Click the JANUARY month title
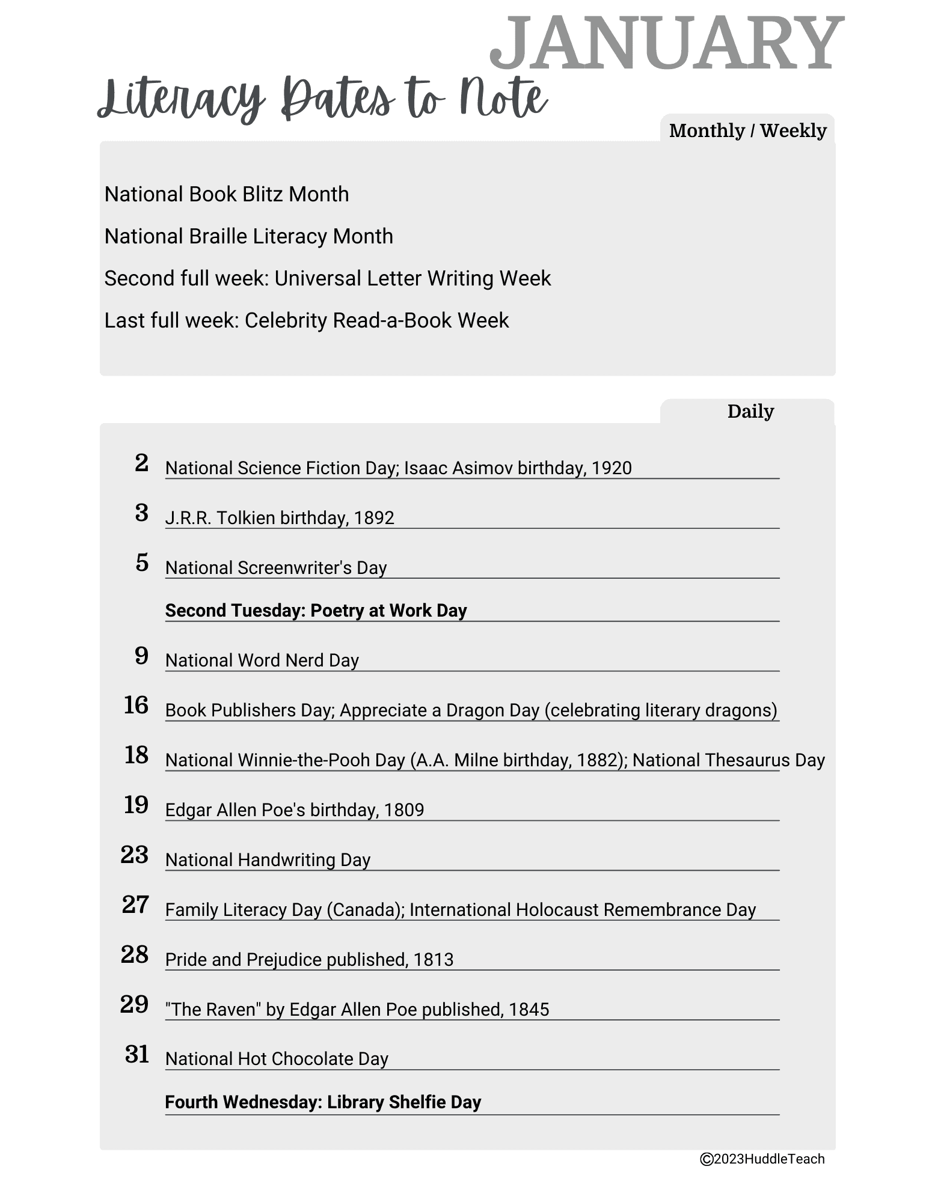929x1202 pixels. click(x=666, y=43)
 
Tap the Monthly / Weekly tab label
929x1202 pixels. click(x=747, y=130)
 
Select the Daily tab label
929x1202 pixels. click(x=750, y=412)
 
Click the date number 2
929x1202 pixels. click(x=141, y=463)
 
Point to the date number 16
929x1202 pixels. click(x=136, y=705)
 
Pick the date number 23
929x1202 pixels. click(x=135, y=855)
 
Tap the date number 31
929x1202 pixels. click(x=137, y=1054)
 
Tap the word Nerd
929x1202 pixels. click(x=305, y=660)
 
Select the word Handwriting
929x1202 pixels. click(x=287, y=860)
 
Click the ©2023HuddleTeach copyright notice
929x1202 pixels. click(x=762, y=1159)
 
